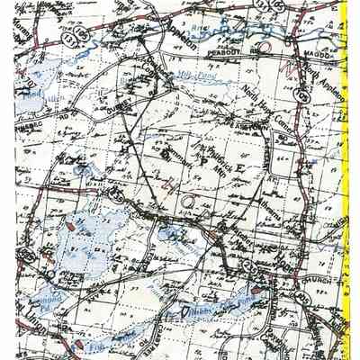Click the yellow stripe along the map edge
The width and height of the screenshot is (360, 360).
click(x=344, y=180)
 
